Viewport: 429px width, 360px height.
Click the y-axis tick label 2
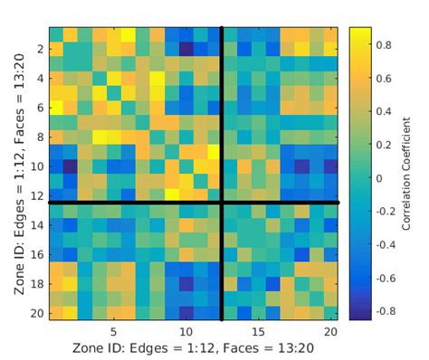tap(41, 49)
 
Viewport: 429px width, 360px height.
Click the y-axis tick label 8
tap(41, 137)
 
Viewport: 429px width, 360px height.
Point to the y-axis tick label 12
tap(38, 195)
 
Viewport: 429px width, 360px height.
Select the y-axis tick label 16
tap(38, 254)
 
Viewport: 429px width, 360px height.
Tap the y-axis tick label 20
tap(38, 313)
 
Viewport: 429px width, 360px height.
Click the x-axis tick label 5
tap(113, 331)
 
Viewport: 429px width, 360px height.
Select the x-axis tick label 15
tap(259, 331)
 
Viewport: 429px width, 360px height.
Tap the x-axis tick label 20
tap(331, 331)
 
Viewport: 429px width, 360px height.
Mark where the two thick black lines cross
tap(222, 202)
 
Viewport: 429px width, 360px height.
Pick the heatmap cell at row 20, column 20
tap(331, 313)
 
